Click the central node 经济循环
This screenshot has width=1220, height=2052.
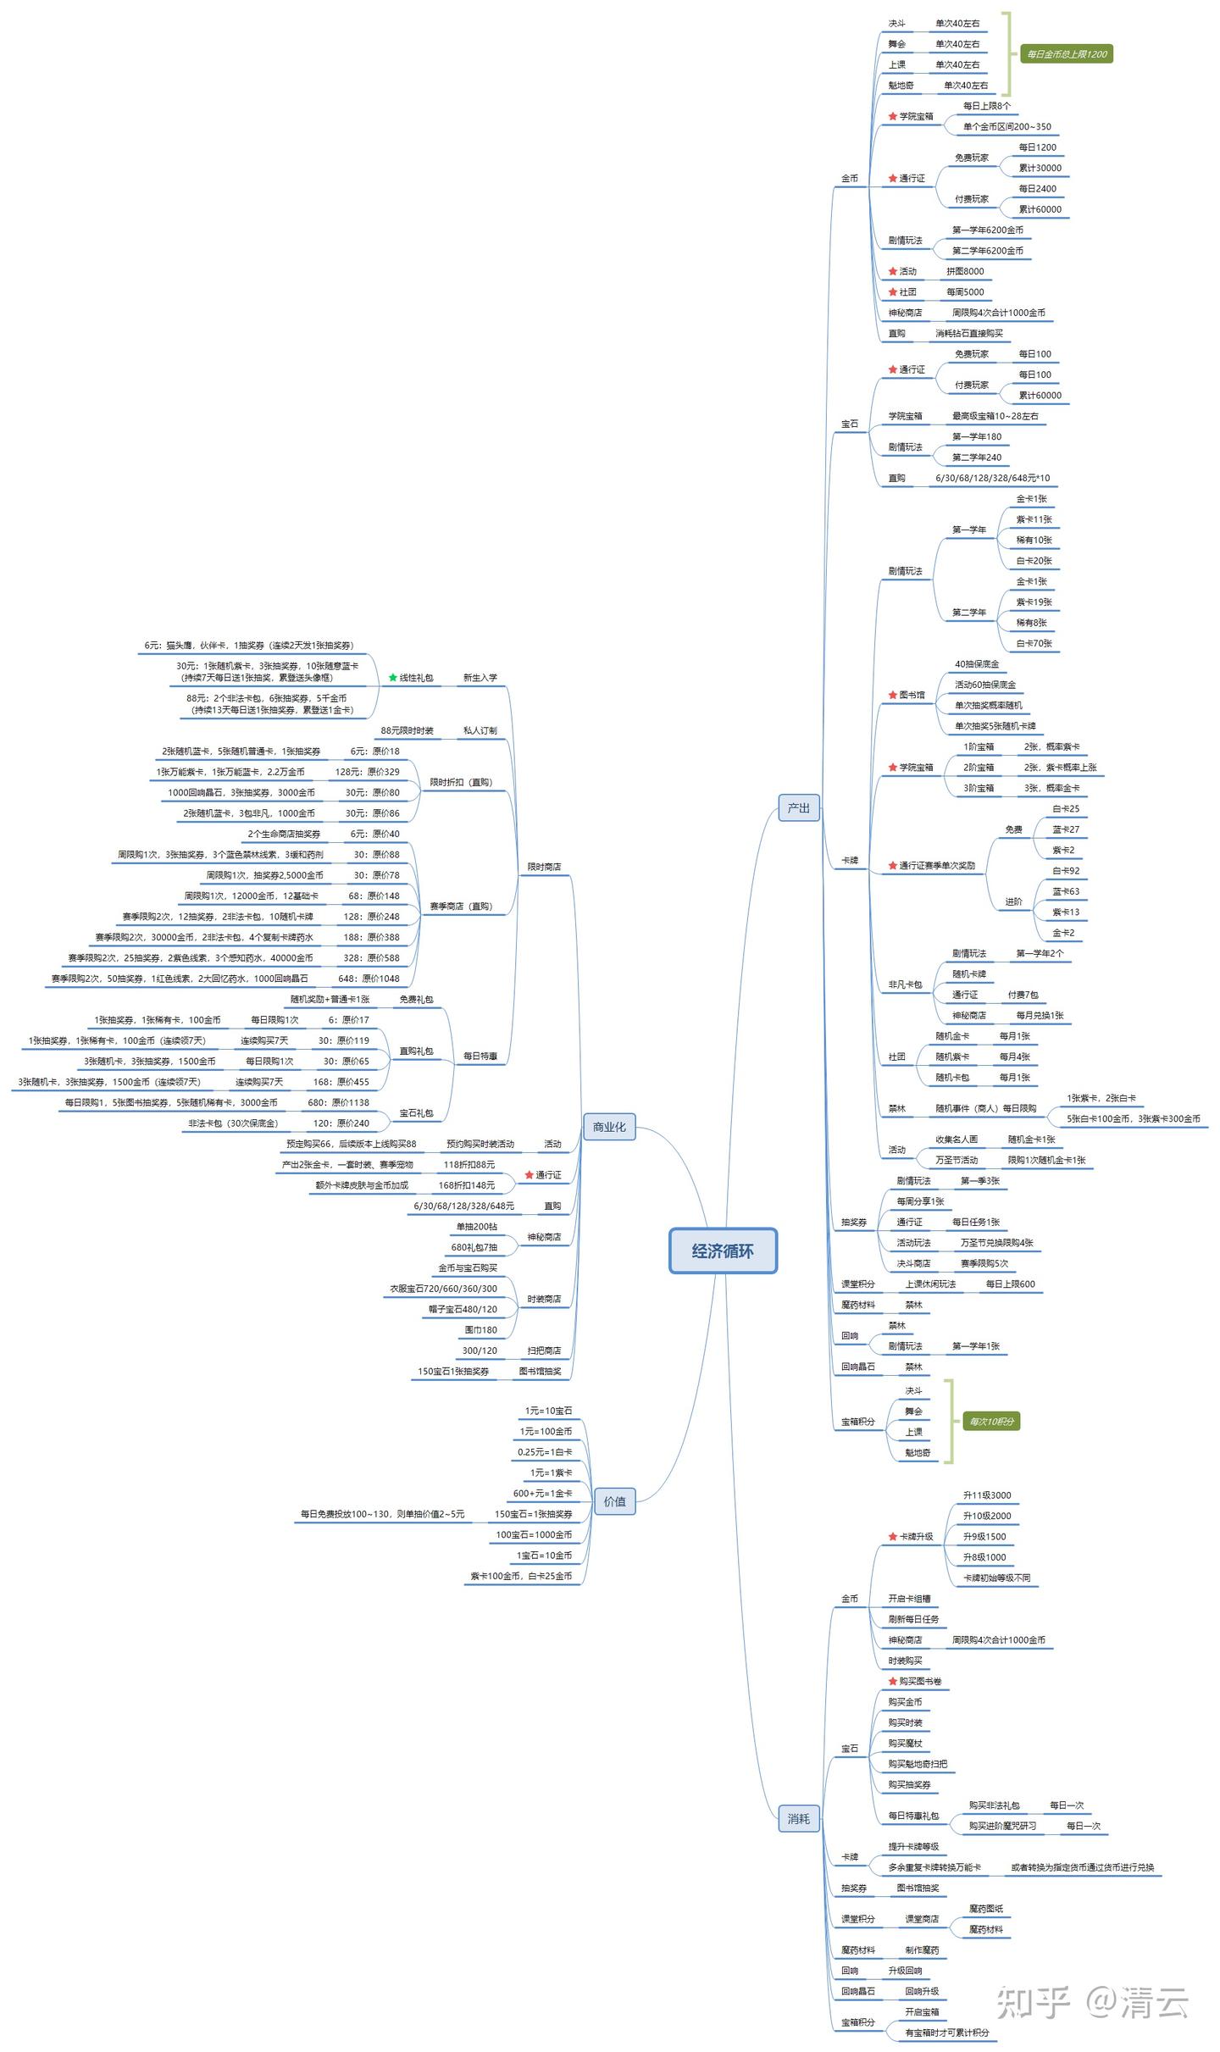723,1251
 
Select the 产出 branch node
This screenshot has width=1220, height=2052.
798,808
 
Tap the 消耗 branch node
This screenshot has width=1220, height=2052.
798,1818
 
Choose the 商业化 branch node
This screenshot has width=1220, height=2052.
609,1127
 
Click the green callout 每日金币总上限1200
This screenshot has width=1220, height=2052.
1066,54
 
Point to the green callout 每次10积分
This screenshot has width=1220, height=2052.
991,1422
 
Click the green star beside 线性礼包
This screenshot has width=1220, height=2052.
393,678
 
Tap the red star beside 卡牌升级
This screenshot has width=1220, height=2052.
892,1537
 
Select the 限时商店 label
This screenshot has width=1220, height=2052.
544,867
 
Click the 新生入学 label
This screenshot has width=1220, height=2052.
480,678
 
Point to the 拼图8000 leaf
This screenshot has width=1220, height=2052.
965,271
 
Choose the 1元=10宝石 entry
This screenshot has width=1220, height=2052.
548,1411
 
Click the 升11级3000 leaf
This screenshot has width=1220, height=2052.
986,1495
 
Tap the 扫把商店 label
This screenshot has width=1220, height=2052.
544,1350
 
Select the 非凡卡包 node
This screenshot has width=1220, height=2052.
905,984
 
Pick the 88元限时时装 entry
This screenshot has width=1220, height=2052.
407,730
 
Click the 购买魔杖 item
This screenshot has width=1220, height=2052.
905,1744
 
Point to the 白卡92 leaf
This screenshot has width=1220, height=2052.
1066,871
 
